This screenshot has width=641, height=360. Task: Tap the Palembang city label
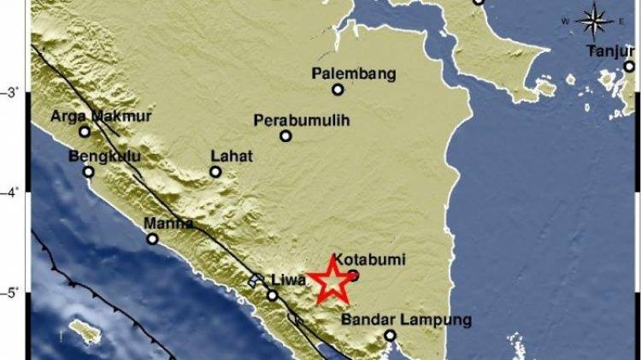click(x=353, y=74)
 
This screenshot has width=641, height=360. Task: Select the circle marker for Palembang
click(x=338, y=89)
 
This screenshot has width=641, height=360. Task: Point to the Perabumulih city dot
click(x=285, y=136)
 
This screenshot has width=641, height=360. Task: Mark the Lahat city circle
click(x=215, y=171)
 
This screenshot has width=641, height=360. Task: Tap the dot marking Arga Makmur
click(x=85, y=131)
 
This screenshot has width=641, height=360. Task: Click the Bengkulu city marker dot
click(x=88, y=171)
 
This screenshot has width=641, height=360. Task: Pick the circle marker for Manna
click(x=152, y=239)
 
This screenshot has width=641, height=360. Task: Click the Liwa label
click(x=289, y=280)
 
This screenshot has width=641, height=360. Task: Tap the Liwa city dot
click(x=272, y=296)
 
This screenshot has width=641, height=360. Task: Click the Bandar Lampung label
click(x=406, y=320)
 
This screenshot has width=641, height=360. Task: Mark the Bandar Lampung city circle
click(x=390, y=335)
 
